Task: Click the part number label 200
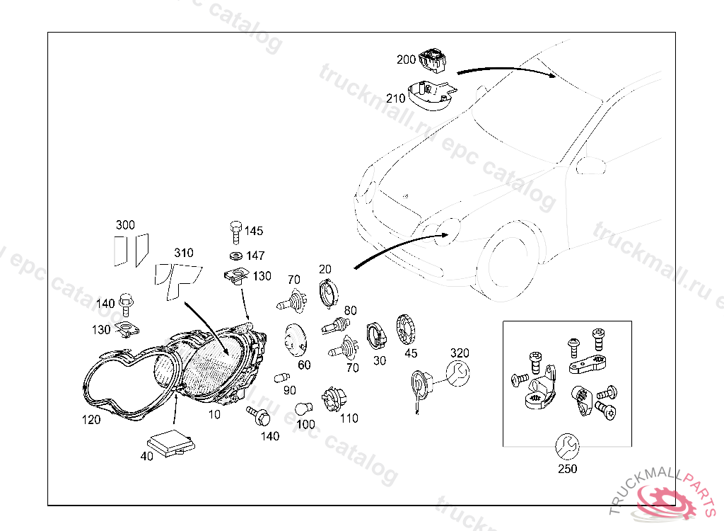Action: (406, 60)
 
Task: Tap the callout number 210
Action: (396, 98)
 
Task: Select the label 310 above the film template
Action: (184, 253)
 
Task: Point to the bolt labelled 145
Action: (234, 232)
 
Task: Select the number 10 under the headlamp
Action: (214, 413)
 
